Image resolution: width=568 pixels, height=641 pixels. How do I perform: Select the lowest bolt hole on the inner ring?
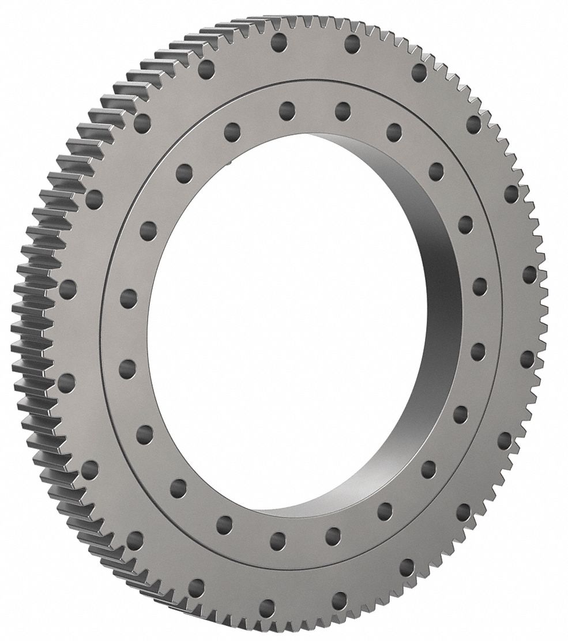coord(278,540)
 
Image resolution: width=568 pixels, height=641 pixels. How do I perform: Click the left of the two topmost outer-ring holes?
coord(278,41)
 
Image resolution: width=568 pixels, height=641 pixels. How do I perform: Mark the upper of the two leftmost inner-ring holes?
coord(129,299)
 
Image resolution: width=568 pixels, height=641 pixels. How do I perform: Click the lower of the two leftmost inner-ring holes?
coord(127,368)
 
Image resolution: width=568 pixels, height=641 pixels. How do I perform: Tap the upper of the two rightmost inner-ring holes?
coord(479,285)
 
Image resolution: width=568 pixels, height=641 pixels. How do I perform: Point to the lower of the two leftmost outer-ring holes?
coord(66,382)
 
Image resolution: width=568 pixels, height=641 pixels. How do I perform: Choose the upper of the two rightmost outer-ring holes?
coord(529,274)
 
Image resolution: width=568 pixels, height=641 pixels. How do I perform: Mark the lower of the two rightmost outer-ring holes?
coord(527,359)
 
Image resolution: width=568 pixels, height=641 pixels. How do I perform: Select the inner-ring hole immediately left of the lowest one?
coord(224,523)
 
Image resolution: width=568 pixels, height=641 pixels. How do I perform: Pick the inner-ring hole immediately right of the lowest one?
coord(333,536)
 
